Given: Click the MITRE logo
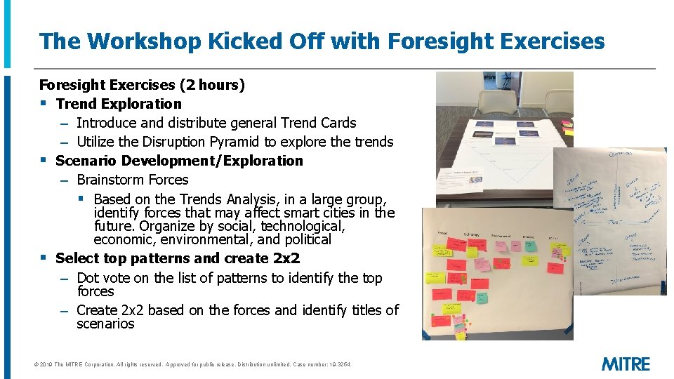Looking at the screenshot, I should [626, 364].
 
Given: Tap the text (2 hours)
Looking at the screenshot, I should [212, 85].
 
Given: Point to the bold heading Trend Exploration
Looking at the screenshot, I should [119, 104].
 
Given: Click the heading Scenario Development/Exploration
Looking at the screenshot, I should [179, 161].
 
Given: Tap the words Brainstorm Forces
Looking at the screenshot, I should [132, 180].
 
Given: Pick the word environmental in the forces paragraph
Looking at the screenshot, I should [191, 239].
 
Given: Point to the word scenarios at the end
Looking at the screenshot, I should [105, 324].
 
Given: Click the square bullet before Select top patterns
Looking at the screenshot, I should [44, 258].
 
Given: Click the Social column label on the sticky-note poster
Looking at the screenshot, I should [442, 233].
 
